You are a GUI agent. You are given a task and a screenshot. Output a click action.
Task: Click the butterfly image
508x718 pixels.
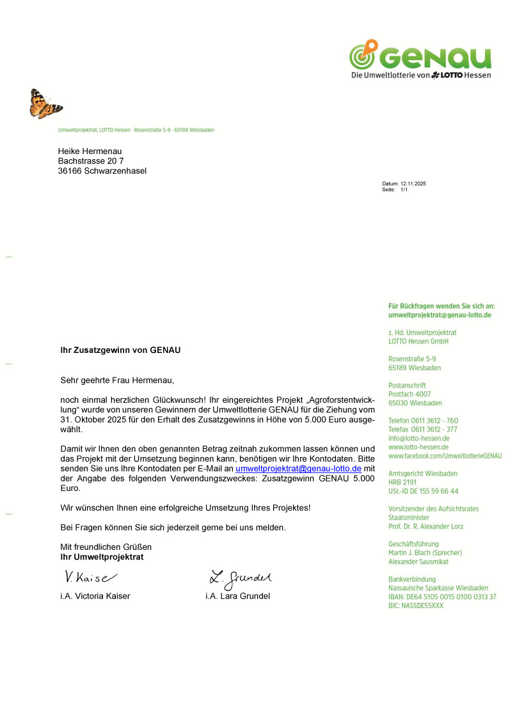pos(45,104)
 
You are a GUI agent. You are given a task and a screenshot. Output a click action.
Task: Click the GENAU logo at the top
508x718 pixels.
pos(420,59)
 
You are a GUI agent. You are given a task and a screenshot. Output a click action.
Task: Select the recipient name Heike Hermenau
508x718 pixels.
pos(90,151)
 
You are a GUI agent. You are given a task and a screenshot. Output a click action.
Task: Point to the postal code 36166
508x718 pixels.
pos(70,171)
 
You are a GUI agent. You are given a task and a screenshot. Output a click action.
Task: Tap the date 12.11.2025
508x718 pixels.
pos(413,183)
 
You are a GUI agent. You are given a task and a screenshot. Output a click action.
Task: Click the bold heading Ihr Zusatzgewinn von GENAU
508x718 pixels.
pos(120,350)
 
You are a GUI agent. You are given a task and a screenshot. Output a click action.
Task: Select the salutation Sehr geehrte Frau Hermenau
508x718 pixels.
pos(117,380)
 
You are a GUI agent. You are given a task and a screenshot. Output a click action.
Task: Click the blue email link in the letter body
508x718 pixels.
pos(299,469)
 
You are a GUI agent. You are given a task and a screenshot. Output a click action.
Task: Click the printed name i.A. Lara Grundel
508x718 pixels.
pos(238,596)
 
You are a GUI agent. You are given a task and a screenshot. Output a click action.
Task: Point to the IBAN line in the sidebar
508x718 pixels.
pos(442,597)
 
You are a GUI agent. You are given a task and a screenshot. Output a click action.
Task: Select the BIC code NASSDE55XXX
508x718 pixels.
pos(416,605)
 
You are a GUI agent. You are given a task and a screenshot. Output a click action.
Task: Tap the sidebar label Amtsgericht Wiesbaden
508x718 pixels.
pos(423,474)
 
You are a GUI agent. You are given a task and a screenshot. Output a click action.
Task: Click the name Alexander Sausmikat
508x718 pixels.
pos(418,561)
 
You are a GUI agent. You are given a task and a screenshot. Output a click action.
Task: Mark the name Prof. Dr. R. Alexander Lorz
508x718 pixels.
pos(425,526)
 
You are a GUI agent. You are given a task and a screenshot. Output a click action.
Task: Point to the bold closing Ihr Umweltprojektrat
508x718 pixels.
pos(102,557)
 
